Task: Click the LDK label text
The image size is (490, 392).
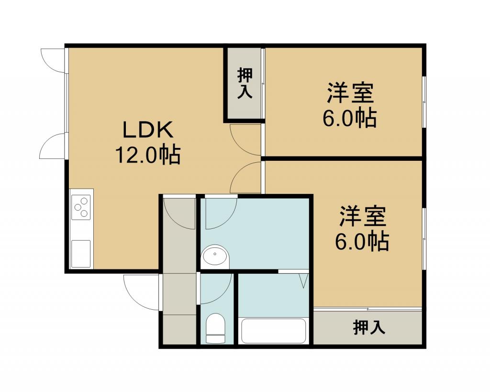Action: [x=148, y=130]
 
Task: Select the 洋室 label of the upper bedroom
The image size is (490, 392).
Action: [x=350, y=93]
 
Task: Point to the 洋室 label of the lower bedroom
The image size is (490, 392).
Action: [x=363, y=216]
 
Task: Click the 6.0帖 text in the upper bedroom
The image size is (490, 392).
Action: [x=349, y=118]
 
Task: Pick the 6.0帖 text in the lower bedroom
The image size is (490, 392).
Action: [x=362, y=241]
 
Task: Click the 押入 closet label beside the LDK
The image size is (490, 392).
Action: [x=245, y=83]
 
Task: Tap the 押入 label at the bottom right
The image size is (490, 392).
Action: [x=369, y=327]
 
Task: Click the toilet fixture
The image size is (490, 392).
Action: [x=215, y=328]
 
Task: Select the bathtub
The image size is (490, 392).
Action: [x=274, y=331]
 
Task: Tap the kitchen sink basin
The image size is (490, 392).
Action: [x=81, y=254]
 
